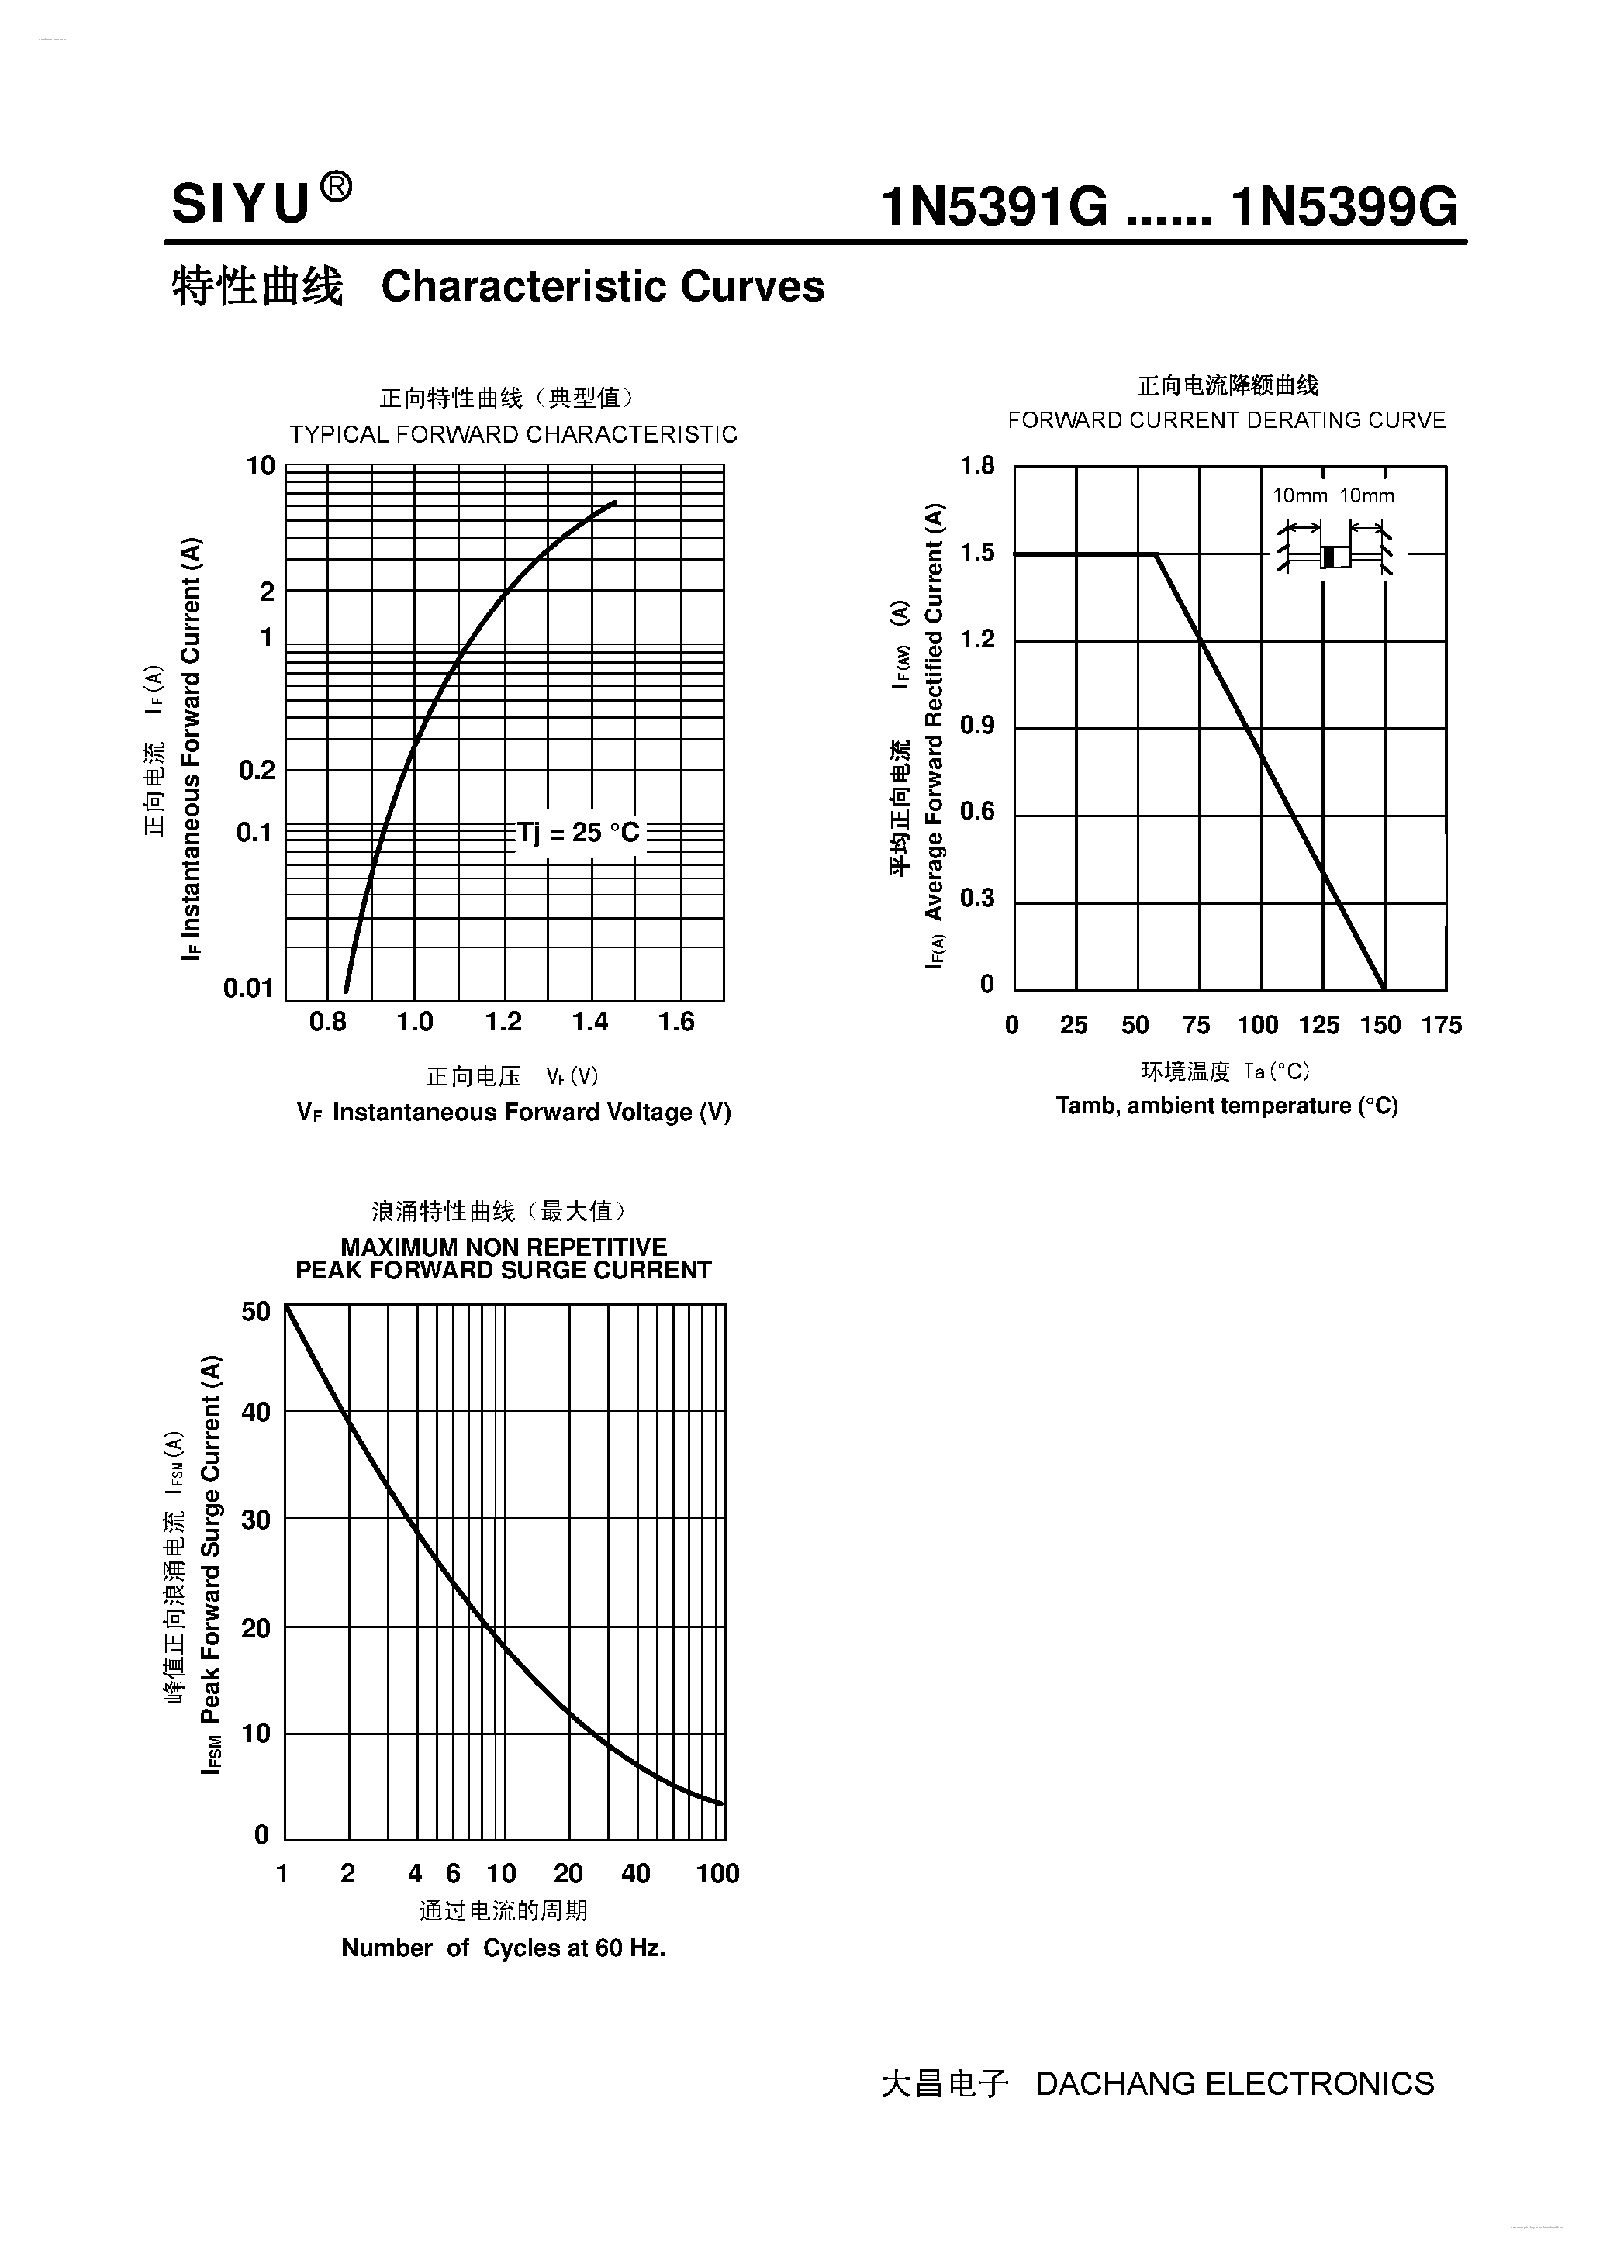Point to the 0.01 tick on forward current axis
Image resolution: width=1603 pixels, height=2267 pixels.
248,988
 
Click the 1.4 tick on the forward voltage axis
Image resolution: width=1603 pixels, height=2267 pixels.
589,1022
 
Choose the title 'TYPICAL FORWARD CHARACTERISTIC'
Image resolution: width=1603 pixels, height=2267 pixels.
513,434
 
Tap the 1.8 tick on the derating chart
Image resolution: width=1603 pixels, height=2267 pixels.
978,466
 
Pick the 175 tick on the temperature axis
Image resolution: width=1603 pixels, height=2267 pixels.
1441,1025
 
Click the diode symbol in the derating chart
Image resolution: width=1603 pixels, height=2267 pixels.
1335,556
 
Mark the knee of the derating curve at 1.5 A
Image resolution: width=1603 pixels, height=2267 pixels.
1156,554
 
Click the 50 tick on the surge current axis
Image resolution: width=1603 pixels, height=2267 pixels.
256,1311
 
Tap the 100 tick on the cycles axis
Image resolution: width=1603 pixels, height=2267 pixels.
717,1874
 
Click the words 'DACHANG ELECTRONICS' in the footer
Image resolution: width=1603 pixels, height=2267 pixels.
1234,2084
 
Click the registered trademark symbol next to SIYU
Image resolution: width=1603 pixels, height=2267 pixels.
336,187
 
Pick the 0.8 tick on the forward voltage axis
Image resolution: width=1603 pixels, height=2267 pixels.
328,1022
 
